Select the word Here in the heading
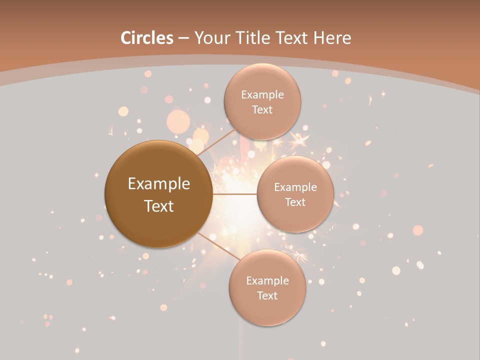pyautogui.click(x=332, y=38)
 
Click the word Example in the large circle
pyautogui.click(x=159, y=184)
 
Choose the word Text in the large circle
pyautogui.click(x=159, y=205)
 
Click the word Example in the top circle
pyautogui.click(x=262, y=95)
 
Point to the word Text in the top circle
pyautogui.click(x=262, y=109)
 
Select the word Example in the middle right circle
pyautogui.click(x=295, y=187)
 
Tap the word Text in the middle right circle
pyautogui.click(x=295, y=202)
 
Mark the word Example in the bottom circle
pyautogui.click(x=267, y=281)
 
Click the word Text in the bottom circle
pyautogui.click(x=267, y=295)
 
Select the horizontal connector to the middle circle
pyautogui.click(x=235, y=194)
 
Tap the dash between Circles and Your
pyautogui.click(x=183, y=38)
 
